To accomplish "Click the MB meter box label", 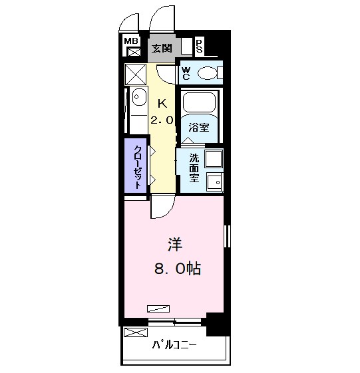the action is point(131,41).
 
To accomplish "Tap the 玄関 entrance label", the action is point(162,49).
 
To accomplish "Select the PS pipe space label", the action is point(199,47).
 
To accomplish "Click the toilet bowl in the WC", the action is point(208,73).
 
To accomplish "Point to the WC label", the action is point(186,74).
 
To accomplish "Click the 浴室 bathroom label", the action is point(199,128).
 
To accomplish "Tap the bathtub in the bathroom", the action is point(200,102).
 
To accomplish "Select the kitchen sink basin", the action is point(139,97).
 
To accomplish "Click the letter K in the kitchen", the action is point(162,104).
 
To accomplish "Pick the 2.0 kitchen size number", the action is point(162,120).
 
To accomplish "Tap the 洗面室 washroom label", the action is point(194,168).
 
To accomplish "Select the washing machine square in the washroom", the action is point(214,159).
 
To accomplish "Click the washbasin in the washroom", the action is point(215,182).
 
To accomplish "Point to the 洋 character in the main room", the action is point(175,244).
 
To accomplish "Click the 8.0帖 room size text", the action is point(178,269).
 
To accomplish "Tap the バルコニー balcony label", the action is point(174,345).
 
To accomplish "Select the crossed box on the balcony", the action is point(136,332).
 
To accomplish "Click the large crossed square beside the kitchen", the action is point(136,74).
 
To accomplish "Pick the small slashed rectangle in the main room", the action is point(158,309).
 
